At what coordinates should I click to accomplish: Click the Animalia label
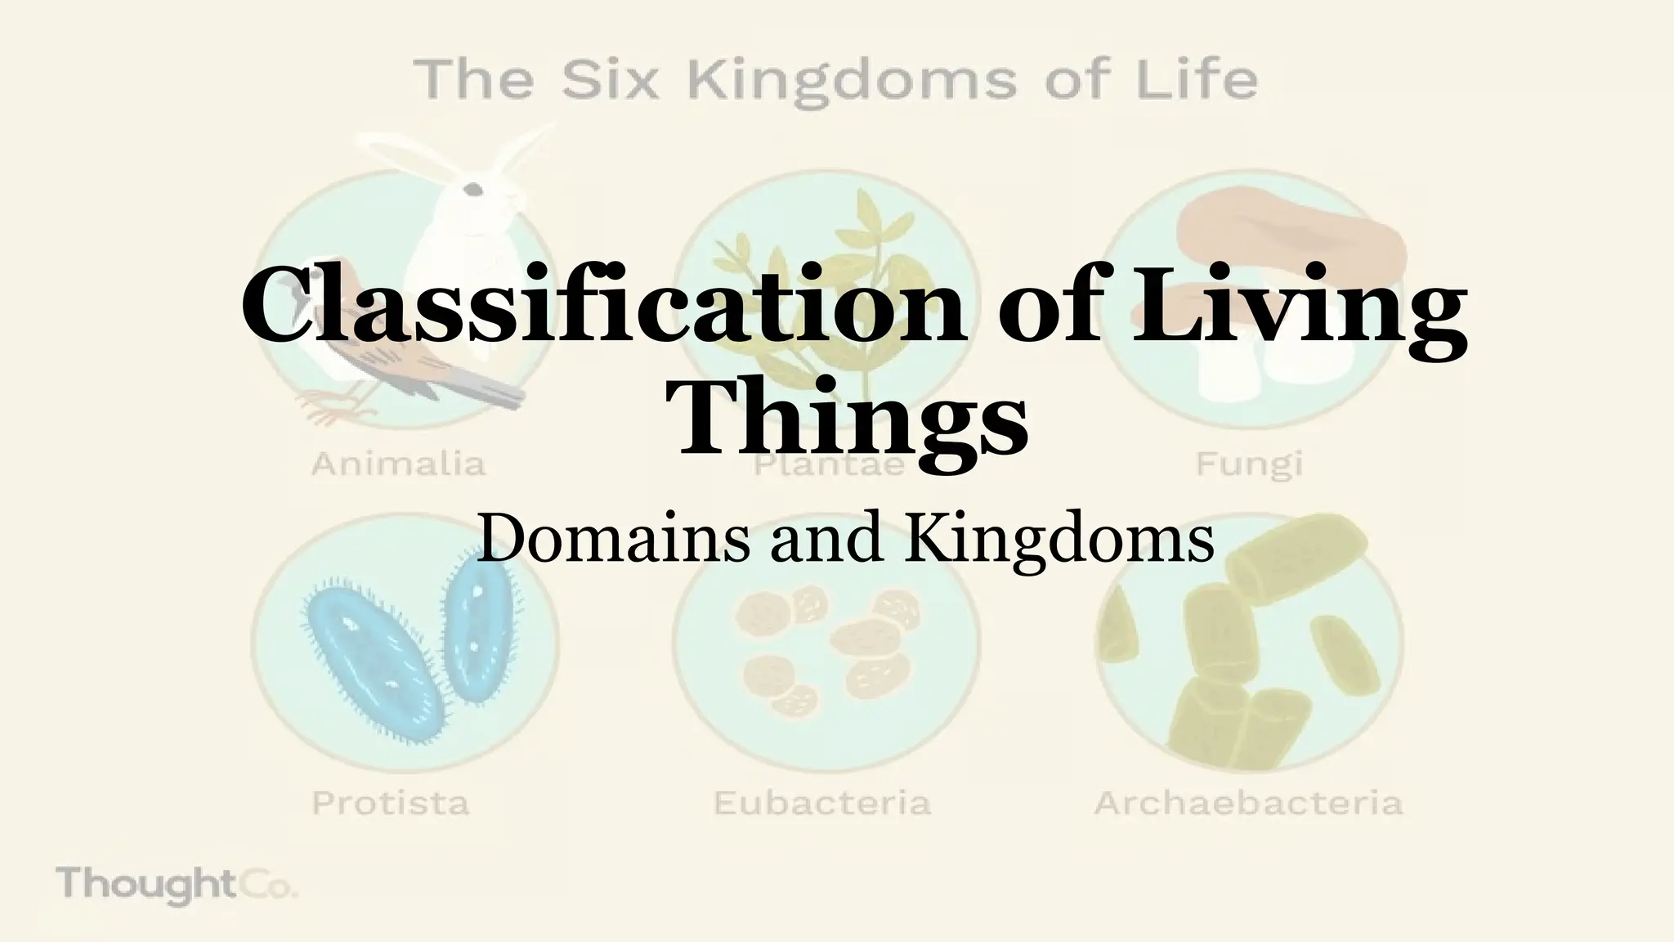tap(399, 464)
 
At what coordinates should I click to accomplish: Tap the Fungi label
tap(1248, 464)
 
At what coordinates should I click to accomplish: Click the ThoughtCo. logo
tap(177, 885)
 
